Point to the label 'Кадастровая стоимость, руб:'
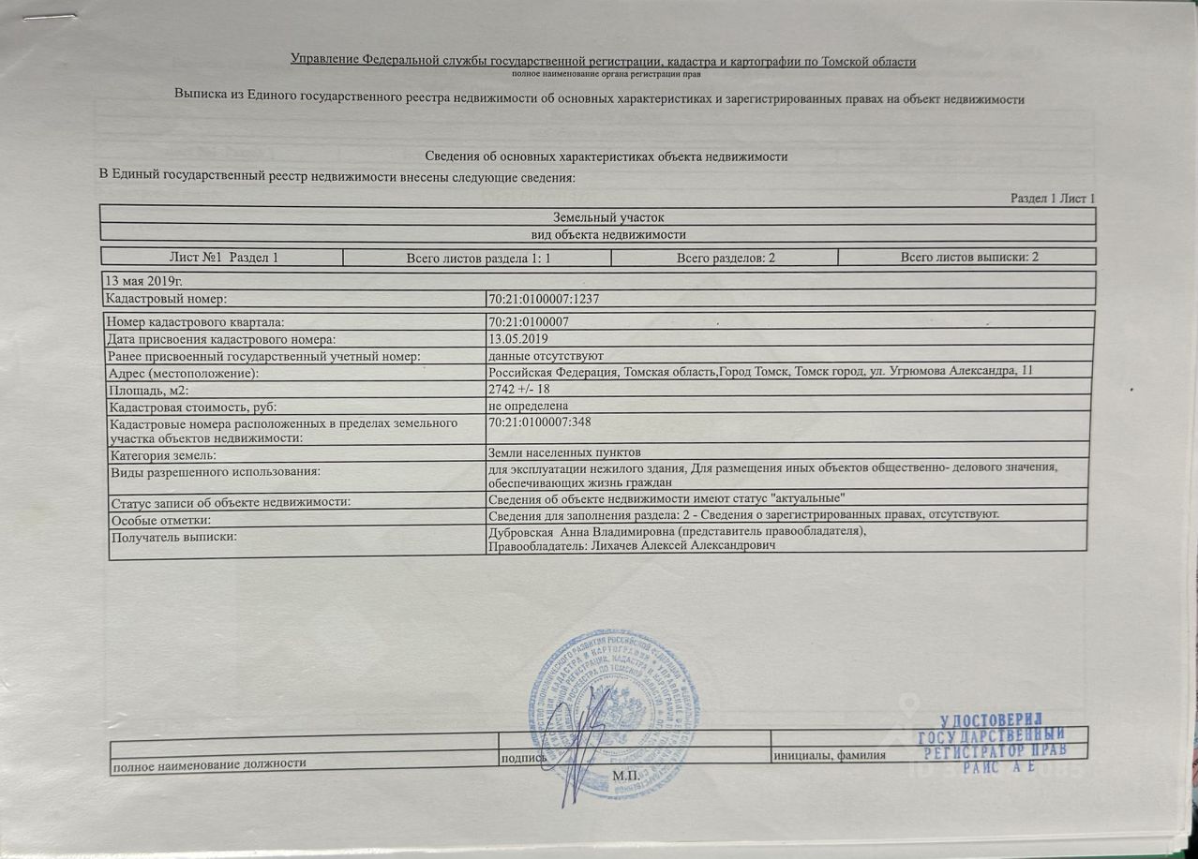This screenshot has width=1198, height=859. (193, 407)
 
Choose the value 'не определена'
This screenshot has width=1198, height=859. (529, 407)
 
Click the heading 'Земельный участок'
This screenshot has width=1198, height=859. (597, 217)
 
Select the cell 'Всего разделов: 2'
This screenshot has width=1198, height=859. (725, 257)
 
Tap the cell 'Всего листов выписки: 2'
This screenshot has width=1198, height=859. (969, 257)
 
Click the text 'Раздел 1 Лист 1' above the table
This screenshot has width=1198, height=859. (1053, 198)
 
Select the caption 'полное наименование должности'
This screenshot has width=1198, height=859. (210, 764)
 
